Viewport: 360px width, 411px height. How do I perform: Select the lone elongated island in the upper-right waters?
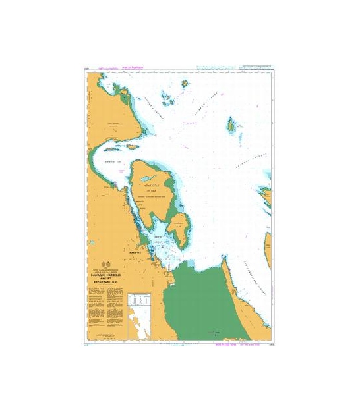[x=231, y=123]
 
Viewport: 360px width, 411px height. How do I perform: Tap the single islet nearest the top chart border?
[x=185, y=84]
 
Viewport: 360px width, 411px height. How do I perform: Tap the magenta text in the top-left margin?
[x=108, y=68]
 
